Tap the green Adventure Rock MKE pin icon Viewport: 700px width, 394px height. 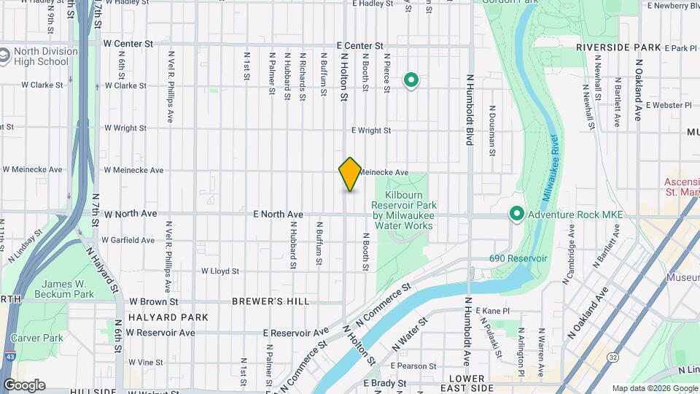pyautogui.click(x=517, y=214)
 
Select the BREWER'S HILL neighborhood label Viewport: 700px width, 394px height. pyautogui.click(x=271, y=301)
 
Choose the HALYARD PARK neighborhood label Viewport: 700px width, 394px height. pyautogui.click(x=168, y=317)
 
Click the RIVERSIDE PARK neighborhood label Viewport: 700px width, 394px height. pyautogui.click(x=618, y=47)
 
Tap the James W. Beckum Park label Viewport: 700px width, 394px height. pyautogui.click(x=68, y=289)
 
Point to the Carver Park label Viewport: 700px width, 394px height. pyautogui.click(x=42, y=338)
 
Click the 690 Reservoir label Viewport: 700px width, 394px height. pyautogui.click(x=518, y=259)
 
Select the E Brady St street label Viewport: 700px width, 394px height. pyautogui.click(x=379, y=383)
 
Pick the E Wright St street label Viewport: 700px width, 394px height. pyautogui.click(x=371, y=131)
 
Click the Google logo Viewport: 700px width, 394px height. pyautogui.click(x=24, y=385)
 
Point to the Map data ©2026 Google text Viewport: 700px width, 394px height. pyautogui.click(x=654, y=388)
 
